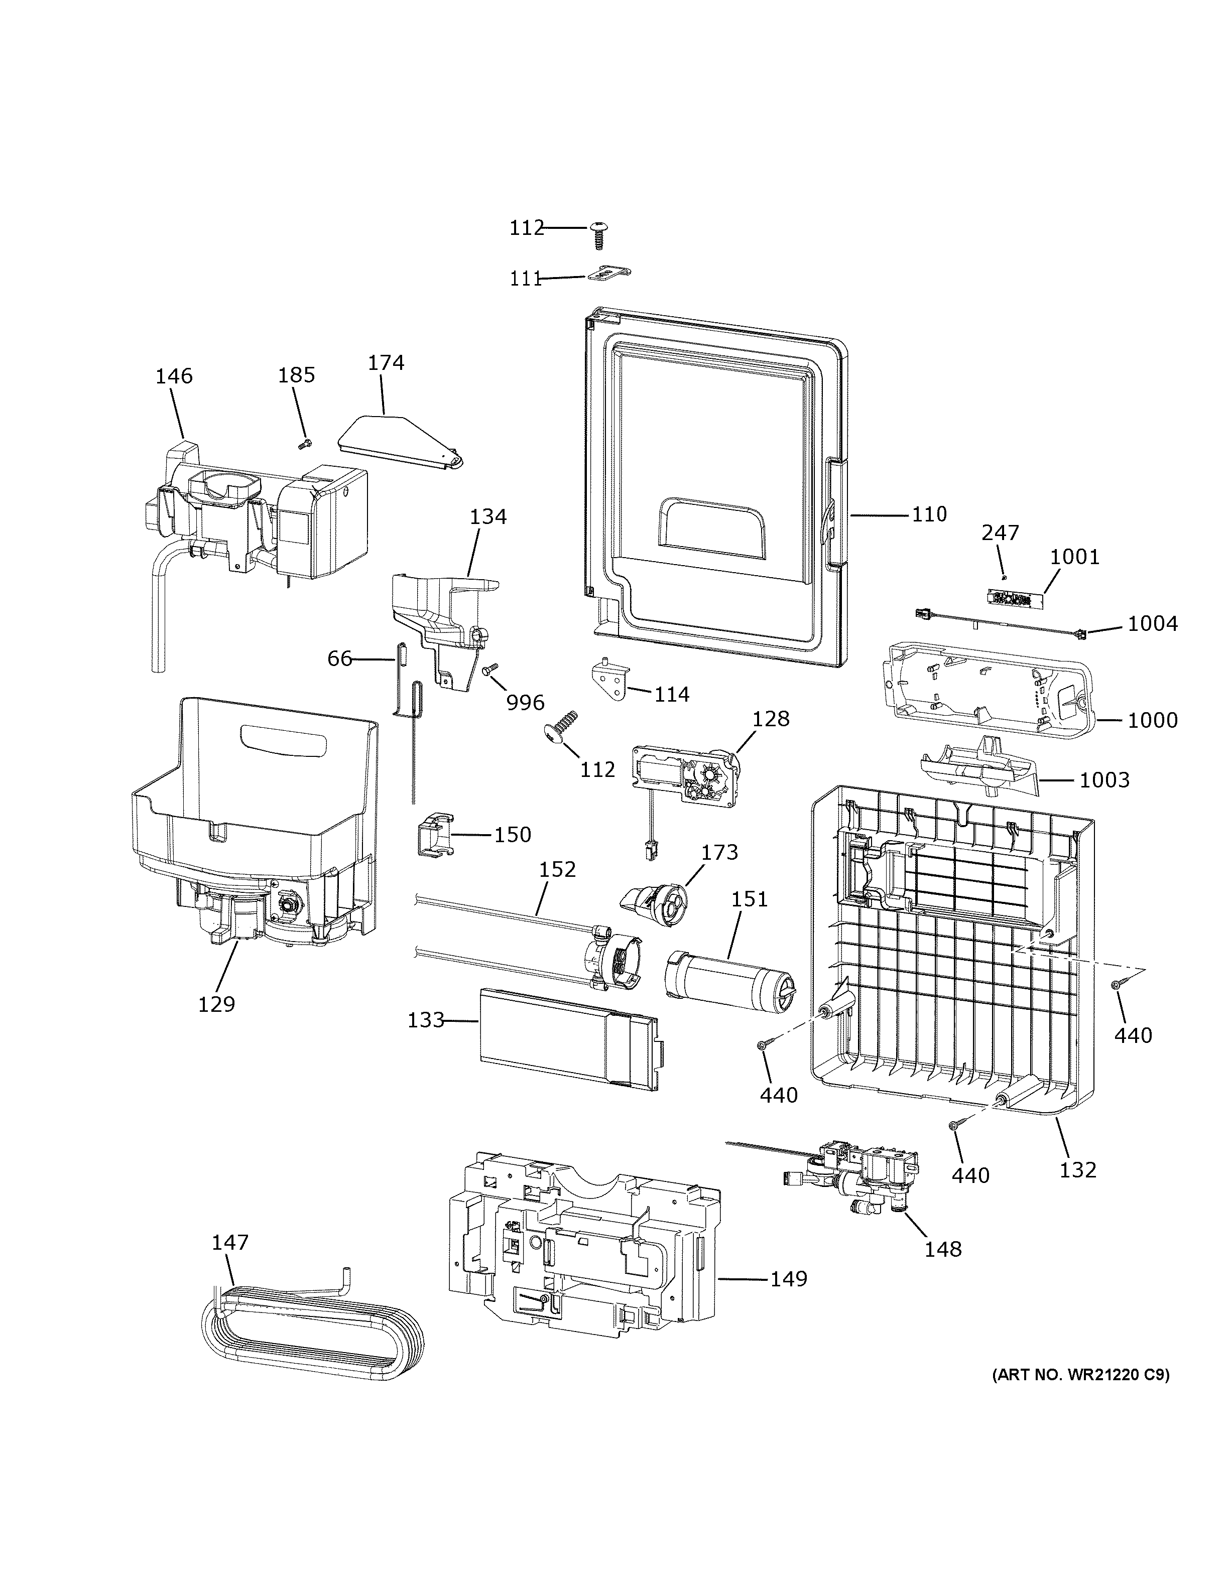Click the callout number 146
pyautogui.click(x=174, y=376)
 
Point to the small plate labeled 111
pyautogui.click(x=608, y=274)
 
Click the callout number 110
pyautogui.click(x=929, y=515)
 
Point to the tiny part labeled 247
pyautogui.click(x=1004, y=577)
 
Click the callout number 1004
pyautogui.click(x=1153, y=624)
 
